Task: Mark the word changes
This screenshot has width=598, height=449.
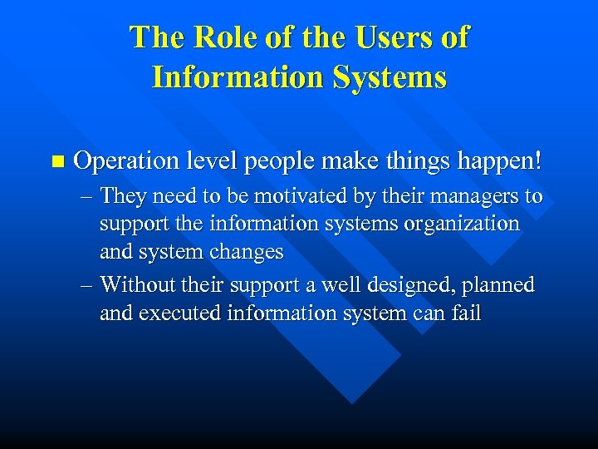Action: pyautogui.click(x=247, y=251)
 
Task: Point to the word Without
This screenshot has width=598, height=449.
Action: pyautogui.click(x=135, y=285)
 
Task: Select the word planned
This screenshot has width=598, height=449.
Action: pyautogui.click(x=499, y=285)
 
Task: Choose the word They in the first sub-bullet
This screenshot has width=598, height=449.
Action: pyautogui.click(x=125, y=198)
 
